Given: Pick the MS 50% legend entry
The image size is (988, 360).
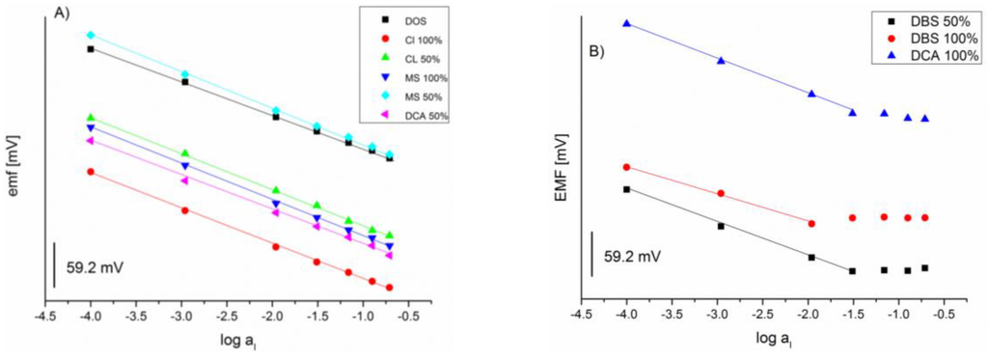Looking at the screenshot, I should click(421, 97).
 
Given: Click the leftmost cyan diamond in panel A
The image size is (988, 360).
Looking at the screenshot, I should click(91, 35).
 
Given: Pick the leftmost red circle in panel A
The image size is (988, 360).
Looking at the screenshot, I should click(91, 172).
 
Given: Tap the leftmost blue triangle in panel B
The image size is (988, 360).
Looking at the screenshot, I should click(626, 23).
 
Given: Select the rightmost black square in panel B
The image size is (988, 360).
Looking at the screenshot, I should click(924, 267).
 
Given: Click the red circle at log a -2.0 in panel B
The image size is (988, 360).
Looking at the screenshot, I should click(810, 223).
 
